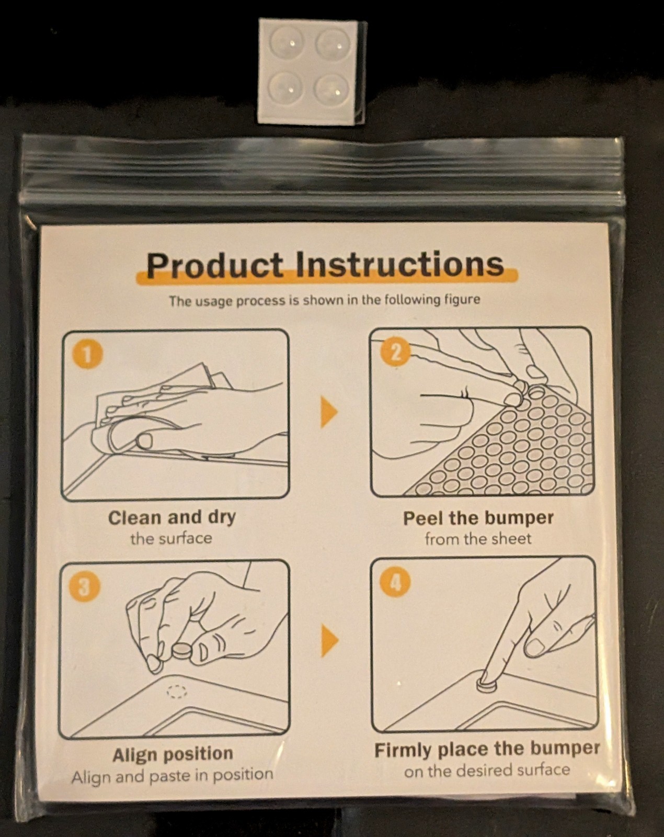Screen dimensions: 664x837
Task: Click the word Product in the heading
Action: (x=215, y=265)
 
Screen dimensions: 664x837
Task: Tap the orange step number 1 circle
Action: (x=87, y=356)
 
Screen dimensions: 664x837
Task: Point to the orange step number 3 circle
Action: (x=84, y=586)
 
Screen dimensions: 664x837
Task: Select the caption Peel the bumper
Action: (x=478, y=518)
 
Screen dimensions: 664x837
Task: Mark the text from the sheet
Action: (x=478, y=539)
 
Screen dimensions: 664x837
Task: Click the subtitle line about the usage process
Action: (x=324, y=301)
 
